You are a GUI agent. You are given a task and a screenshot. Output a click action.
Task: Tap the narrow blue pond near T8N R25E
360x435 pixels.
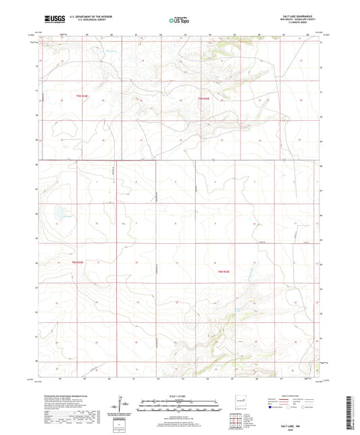coord(248,274)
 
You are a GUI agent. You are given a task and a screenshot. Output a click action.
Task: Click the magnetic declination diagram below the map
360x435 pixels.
coord(123,405)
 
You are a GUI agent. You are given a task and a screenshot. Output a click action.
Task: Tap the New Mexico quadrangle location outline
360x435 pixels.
coord(241,401)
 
